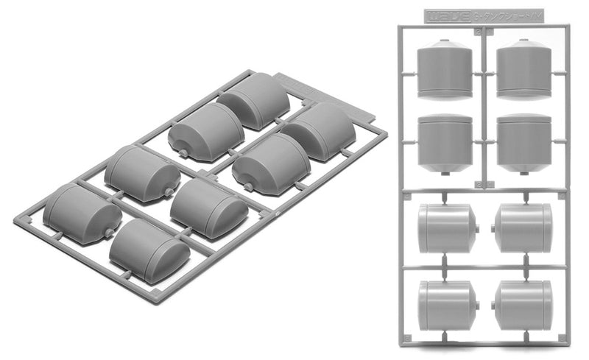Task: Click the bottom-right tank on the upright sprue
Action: (x=523, y=304)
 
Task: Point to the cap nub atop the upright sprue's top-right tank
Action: (x=523, y=41)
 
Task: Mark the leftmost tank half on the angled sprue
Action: (x=81, y=214)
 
